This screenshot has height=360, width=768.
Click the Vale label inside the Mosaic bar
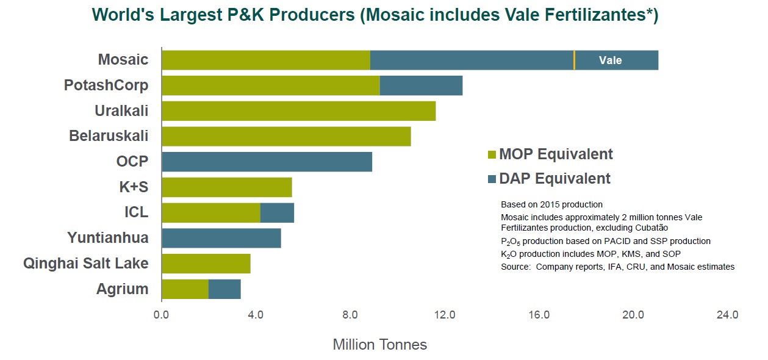[x=610, y=60]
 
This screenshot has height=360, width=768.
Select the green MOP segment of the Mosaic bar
[x=266, y=60]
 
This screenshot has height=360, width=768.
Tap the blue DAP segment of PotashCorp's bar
[x=421, y=86]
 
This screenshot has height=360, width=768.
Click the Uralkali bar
[x=298, y=111]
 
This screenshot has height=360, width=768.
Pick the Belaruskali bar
[x=286, y=137]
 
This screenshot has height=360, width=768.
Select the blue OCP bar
[x=267, y=162]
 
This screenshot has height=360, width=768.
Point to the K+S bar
[x=226, y=187]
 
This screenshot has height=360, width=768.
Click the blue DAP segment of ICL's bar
[x=277, y=213]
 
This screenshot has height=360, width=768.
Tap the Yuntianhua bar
[x=221, y=238]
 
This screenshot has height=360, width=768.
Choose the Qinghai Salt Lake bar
[x=206, y=264]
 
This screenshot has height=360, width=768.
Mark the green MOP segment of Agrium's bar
[x=185, y=289]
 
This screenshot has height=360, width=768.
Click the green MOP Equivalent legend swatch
[x=492, y=155]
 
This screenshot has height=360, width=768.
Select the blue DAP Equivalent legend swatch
[x=492, y=179]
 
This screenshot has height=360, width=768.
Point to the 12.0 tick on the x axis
[x=445, y=315]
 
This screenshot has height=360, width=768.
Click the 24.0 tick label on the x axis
[x=728, y=315]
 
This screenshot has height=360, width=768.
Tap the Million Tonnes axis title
[x=379, y=345]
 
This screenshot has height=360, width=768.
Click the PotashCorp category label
[x=106, y=85]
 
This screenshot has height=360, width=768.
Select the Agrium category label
[x=122, y=289]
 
